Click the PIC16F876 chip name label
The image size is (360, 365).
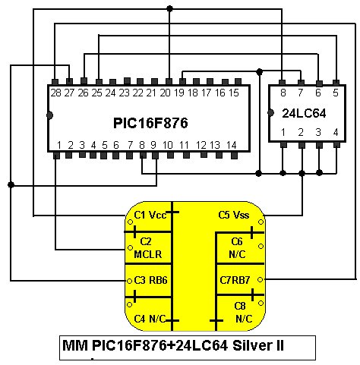(150, 123)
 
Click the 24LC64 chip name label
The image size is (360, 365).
(304, 113)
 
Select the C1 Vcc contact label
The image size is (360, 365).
(150, 216)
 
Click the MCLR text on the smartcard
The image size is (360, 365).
(147, 254)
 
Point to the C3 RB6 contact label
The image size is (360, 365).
(150, 280)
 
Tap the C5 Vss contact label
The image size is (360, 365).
(234, 215)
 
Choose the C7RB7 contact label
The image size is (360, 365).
(235, 280)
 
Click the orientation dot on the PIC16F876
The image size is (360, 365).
(50, 115)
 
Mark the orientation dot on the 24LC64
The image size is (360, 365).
(270, 113)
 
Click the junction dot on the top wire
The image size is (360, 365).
(169, 9)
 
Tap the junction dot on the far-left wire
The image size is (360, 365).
(11, 184)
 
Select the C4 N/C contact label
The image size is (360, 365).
(150, 319)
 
